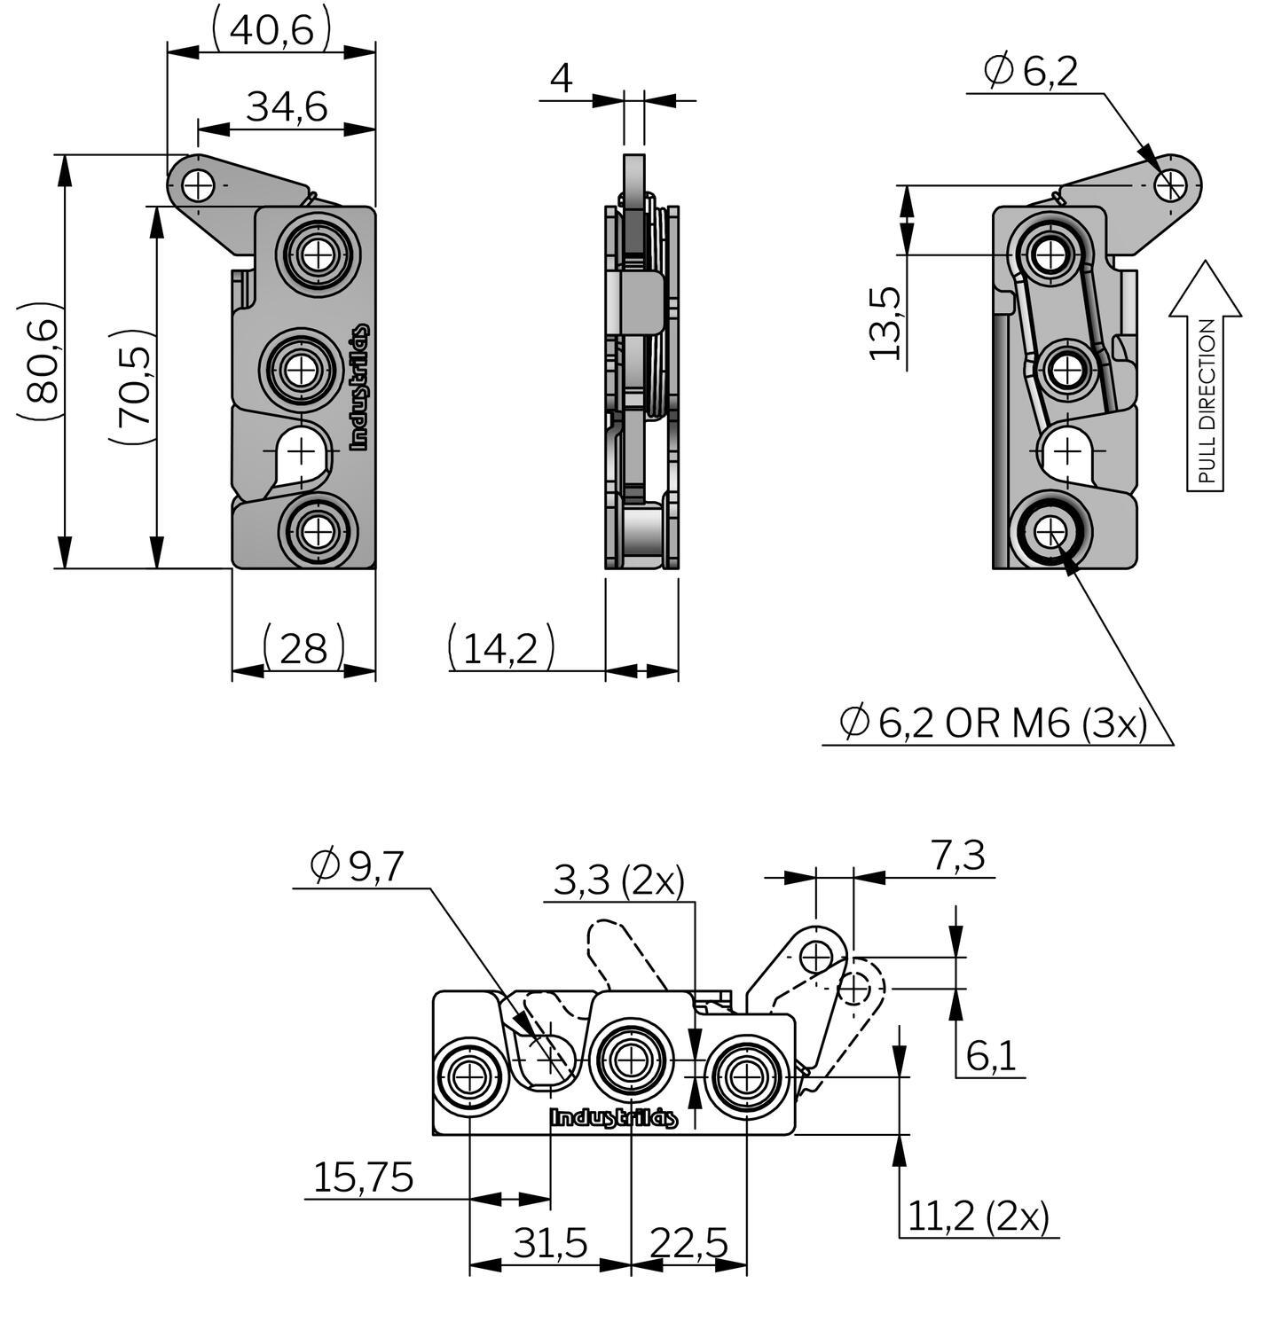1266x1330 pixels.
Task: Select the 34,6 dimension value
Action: point(287,107)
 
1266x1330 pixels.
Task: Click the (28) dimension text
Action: point(303,648)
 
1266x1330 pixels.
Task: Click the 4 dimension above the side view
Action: point(561,78)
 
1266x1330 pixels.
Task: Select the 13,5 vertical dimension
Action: point(885,323)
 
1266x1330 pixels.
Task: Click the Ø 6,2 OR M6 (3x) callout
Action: point(993,724)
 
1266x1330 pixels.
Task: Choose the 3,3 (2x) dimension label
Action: point(618,881)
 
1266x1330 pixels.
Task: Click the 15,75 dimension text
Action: point(363,1177)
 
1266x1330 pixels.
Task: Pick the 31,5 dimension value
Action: point(550,1244)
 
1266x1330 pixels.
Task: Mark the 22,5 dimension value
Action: point(688,1244)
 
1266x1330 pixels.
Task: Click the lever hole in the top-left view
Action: point(199,185)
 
